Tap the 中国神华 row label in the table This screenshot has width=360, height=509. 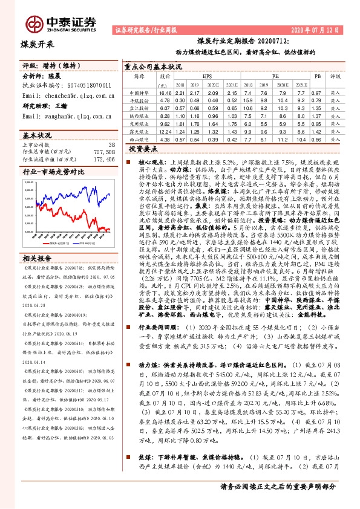(x=140, y=93)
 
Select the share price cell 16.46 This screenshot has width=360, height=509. (x=165, y=93)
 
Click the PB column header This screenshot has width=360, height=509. (x=318, y=76)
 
